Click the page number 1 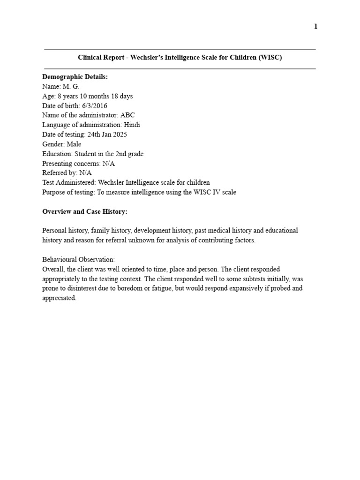315,27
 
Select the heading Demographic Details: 75,77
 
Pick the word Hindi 132,125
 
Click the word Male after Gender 74,144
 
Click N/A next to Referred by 85,173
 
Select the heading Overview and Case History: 85,212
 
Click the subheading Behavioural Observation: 78,260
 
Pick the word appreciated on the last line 59,298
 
